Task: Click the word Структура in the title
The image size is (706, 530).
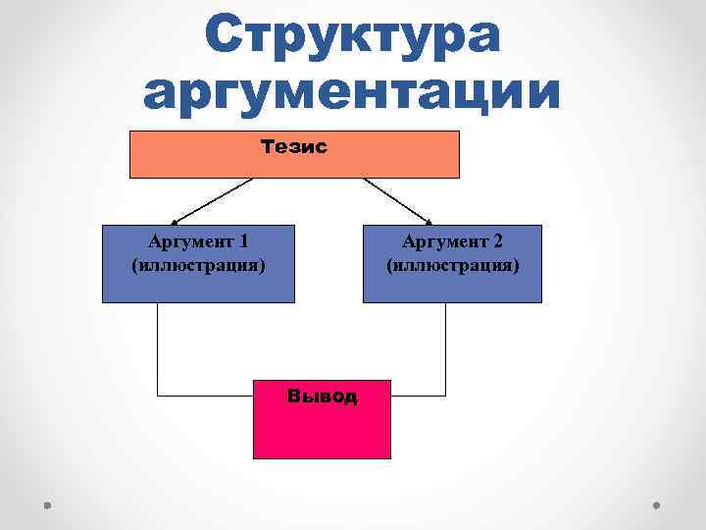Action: tap(352, 37)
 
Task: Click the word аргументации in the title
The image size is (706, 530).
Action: tap(352, 94)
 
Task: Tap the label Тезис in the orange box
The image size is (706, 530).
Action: tap(294, 146)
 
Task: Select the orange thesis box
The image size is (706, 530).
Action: tap(392, 162)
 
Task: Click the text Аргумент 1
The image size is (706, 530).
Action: tap(198, 241)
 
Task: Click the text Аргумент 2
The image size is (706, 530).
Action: tap(452, 241)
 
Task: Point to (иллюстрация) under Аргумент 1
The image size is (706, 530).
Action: tap(198, 265)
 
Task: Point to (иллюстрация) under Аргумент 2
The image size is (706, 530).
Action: tap(452, 265)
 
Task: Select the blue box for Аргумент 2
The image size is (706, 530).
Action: tap(452, 287)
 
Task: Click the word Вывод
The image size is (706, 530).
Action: tap(322, 397)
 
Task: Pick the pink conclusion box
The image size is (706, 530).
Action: tap(322, 432)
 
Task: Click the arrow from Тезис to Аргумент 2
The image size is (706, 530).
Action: tap(396, 200)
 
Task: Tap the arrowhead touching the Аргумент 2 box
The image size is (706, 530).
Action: tap(429, 221)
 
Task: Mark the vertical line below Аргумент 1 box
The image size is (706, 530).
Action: tap(157, 348)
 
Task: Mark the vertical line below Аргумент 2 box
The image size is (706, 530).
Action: tap(445, 348)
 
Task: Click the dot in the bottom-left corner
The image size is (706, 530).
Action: tap(46, 505)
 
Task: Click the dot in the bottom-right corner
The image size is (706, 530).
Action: tap(657, 505)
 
